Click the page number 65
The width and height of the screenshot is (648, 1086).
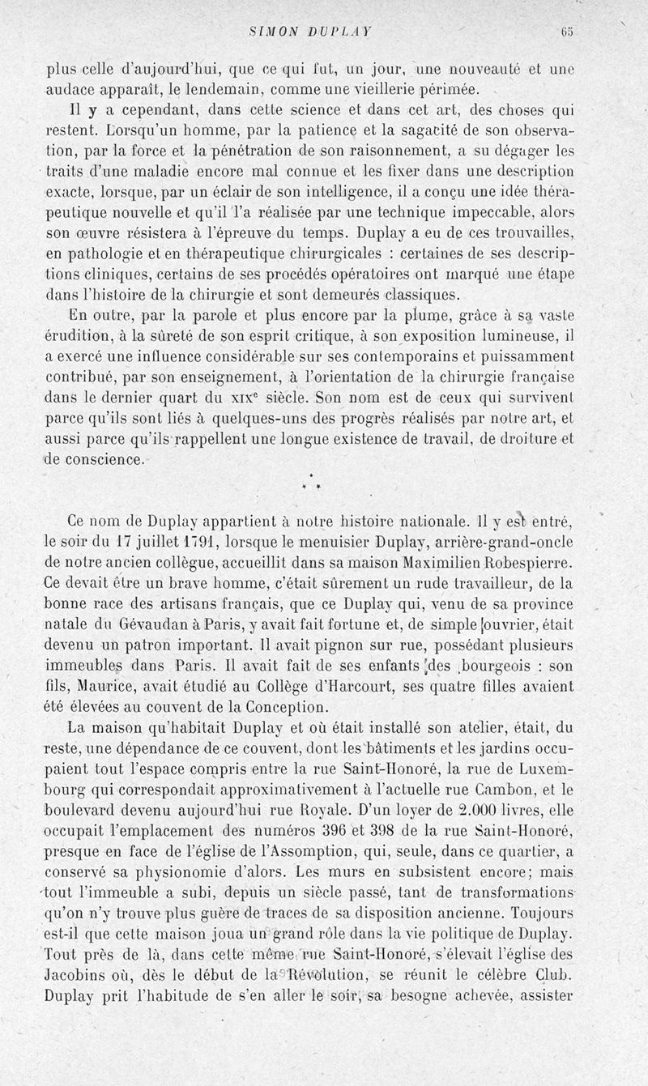[x=565, y=32]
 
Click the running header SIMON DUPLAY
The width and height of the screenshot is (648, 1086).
[x=311, y=32]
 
